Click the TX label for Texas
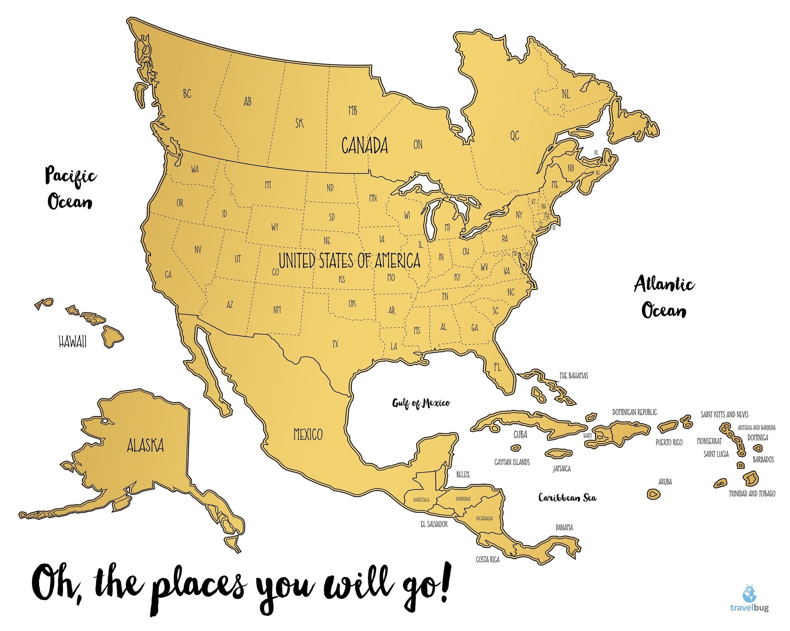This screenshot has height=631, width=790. pyautogui.click(x=335, y=343)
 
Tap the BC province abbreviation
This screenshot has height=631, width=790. pyautogui.click(x=187, y=93)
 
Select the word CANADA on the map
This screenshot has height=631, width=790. pyautogui.click(x=365, y=145)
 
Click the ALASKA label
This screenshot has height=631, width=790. pyautogui.click(x=145, y=445)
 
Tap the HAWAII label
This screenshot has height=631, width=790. pyautogui.click(x=73, y=342)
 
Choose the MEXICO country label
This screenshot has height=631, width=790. pyautogui.click(x=308, y=434)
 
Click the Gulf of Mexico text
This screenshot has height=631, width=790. pyautogui.click(x=421, y=403)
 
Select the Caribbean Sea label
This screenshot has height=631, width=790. pyautogui.click(x=567, y=497)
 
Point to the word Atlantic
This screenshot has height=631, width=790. pyautogui.click(x=664, y=284)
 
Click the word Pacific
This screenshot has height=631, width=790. pyautogui.click(x=71, y=176)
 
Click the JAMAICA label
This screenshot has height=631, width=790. pyautogui.click(x=562, y=469)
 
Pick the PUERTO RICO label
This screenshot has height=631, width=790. pyautogui.click(x=669, y=442)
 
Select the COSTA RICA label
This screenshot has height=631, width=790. pyautogui.click(x=488, y=559)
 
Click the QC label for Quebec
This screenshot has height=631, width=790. pyautogui.click(x=515, y=135)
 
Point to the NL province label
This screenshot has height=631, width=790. pyautogui.click(x=566, y=94)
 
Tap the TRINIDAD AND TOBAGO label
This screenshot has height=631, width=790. pyautogui.click(x=752, y=494)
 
